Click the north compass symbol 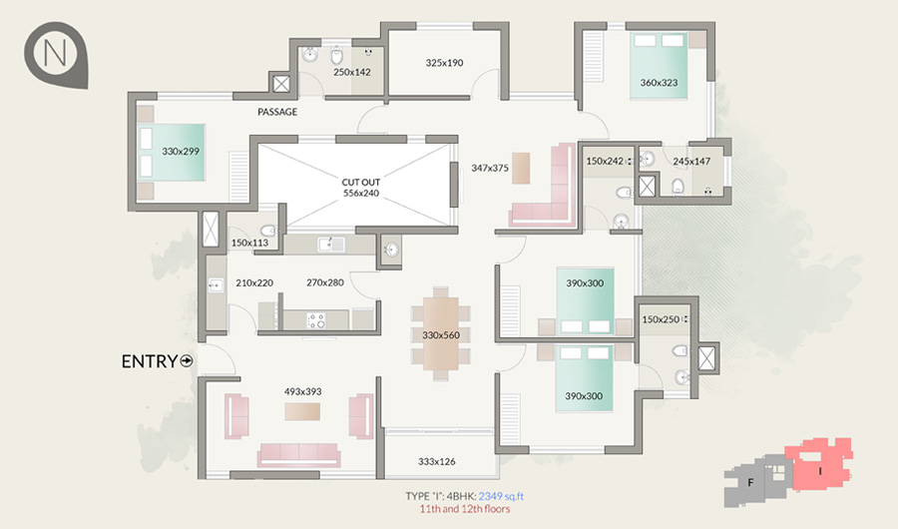[57, 55]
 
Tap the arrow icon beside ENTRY [187, 361]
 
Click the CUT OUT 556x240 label [361, 188]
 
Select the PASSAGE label [277, 112]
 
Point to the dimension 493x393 [303, 391]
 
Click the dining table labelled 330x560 [441, 333]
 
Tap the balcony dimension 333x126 [437, 461]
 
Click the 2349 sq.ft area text [501, 496]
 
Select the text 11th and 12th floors [464, 509]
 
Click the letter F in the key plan [750, 482]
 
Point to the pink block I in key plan [819, 463]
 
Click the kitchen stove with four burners [315, 319]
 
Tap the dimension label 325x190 [444, 63]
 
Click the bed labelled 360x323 [660, 67]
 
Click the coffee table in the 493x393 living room [302, 411]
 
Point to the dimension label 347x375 [490, 168]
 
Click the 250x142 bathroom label [352, 72]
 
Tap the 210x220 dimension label [254, 282]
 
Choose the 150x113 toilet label [249, 243]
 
